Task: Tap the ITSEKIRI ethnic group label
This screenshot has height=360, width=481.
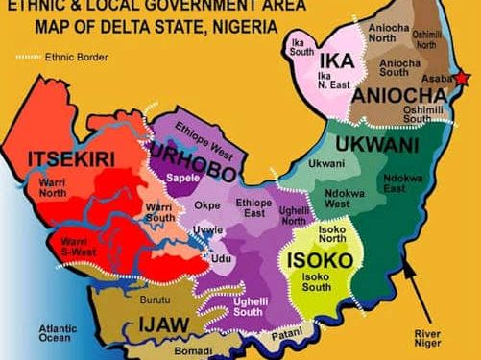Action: pyautogui.click(x=65, y=157)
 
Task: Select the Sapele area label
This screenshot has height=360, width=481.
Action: pyautogui.click(x=181, y=180)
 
